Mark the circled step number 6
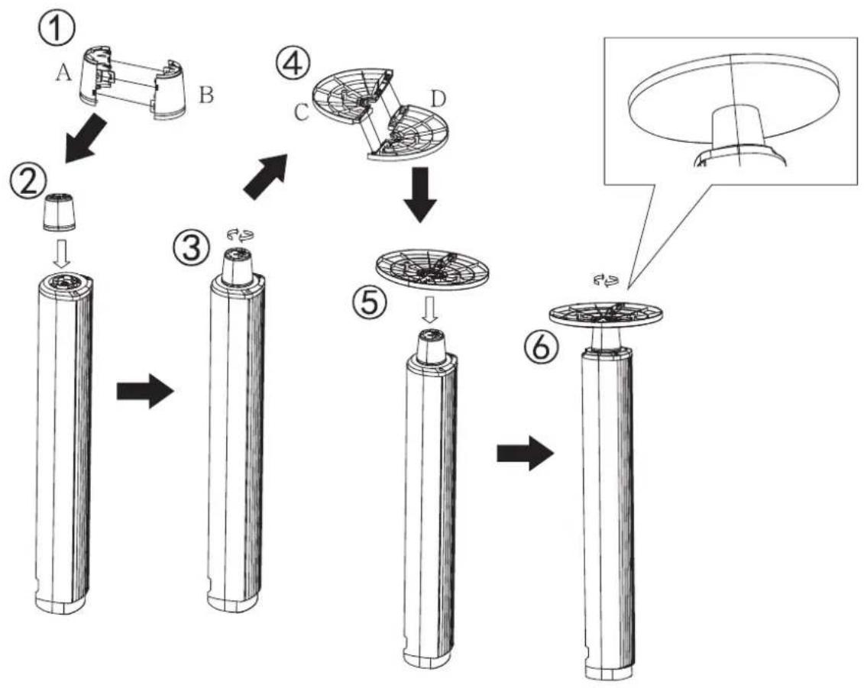point(541,347)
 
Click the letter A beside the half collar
point(63,73)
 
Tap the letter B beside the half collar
point(206,95)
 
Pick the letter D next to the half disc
point(438,99)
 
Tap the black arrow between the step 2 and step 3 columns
point(145,392)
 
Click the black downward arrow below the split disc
point(420,195)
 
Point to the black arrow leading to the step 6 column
point(526,454)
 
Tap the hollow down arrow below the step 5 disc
point(429,312)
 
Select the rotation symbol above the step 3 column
point(240,235)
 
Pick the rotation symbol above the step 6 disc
point(606,282)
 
